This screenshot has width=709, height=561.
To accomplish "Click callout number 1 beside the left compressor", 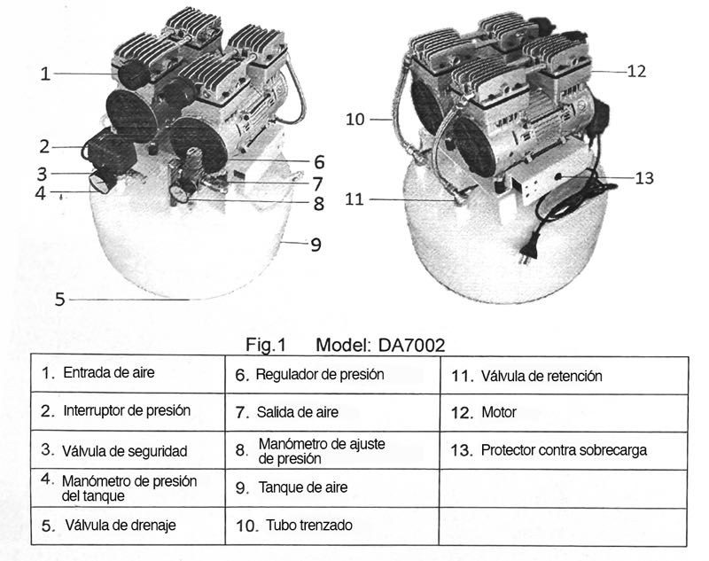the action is (45, 74).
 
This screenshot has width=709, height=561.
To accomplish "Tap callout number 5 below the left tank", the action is (60, 300).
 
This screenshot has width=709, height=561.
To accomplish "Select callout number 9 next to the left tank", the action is (316, 245).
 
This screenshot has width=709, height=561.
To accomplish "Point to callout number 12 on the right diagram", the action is (636, 72).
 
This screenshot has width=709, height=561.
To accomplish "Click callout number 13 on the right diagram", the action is (644, 178).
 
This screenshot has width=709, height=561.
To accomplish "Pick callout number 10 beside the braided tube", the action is (355, 120).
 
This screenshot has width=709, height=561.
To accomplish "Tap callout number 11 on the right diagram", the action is (354, 199).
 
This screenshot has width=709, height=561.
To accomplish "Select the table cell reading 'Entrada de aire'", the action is (108, 373).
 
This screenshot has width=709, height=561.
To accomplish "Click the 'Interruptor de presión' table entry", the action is (127, 410).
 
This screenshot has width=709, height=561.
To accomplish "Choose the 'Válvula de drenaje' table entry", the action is (121, 526).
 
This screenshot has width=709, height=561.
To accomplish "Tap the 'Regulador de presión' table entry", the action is (320, 374).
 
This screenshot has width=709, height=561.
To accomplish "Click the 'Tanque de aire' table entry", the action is (303, 487).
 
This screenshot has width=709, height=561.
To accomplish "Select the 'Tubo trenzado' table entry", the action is (309, 526).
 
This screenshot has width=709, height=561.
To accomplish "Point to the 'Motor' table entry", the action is (499, 412).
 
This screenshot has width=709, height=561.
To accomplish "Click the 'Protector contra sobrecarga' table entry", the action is (564, 450).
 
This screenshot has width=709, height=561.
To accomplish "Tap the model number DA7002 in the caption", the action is (411, 346).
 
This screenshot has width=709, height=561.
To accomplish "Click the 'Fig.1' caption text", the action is (265, 345).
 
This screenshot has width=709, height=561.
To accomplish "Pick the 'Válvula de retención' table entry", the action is (541, 376).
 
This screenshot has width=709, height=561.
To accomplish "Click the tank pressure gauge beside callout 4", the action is (100, 184).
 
